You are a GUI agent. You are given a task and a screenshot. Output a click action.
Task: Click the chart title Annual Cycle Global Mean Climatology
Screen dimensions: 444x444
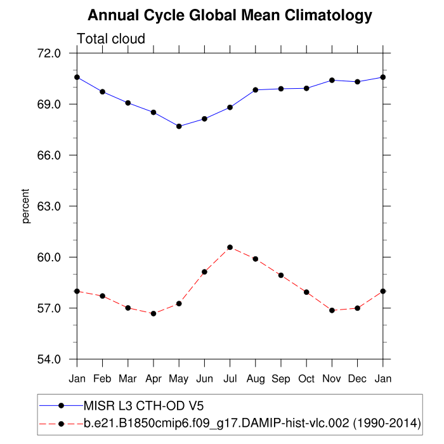pyautogui.click(x=230, y=15)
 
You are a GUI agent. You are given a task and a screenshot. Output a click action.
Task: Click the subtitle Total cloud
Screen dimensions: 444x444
pyautogui.click(x=111, y=39)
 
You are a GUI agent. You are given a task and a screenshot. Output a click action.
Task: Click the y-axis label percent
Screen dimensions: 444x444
pyautogui.click(x=26, y=206)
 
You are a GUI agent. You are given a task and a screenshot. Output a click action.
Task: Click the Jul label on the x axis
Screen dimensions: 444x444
pyautogui.click(x=230, y=378)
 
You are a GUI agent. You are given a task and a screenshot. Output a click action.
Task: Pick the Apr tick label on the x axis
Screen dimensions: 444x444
pyautogui.click(x=153, y=378)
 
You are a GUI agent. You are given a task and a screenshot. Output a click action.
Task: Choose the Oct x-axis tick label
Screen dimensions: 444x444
pyautogui.click(x=306, y=378)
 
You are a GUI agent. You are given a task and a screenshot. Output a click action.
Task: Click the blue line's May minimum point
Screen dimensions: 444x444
pyautogui.click(x=179, y=126)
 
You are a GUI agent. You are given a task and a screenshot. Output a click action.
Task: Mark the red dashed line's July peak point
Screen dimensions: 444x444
pyautogui.click(x=230, y=247)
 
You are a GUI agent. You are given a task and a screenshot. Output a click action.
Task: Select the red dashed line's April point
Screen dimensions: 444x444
pyautogui.click(x=153, y=313)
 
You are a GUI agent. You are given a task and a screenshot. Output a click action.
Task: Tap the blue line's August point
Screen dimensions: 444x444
pyautogui.click(x=256, y=90)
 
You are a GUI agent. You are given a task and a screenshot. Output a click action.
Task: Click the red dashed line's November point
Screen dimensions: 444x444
pyautogui.click(x=332, y=310)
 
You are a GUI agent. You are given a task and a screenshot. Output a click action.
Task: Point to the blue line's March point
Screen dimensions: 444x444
pyautogui.click(x=128, y=103)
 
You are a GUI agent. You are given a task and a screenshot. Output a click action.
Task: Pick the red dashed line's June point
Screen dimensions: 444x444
pyautogui.click(x=204, y=271)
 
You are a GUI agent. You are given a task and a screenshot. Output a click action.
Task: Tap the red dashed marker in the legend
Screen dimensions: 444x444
pyautogui.click(x=61, y=422)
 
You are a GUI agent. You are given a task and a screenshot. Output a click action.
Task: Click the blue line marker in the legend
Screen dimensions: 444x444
pyautogui.click(x=61, y=405)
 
